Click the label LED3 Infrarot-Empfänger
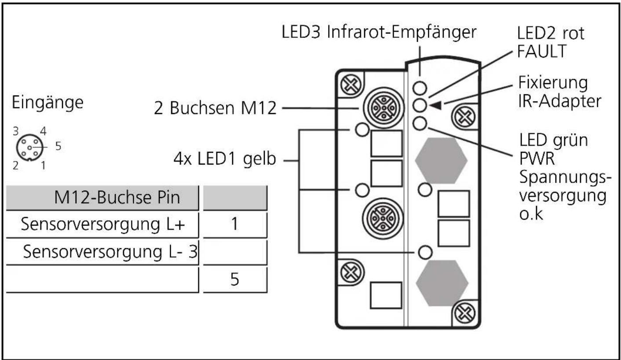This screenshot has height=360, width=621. [379, 33]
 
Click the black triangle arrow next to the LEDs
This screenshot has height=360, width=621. [435, 105]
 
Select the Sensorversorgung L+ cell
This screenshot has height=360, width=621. [102, 224]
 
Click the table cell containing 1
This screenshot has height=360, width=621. [235, 224]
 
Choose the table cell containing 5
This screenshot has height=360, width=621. [235, 279]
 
